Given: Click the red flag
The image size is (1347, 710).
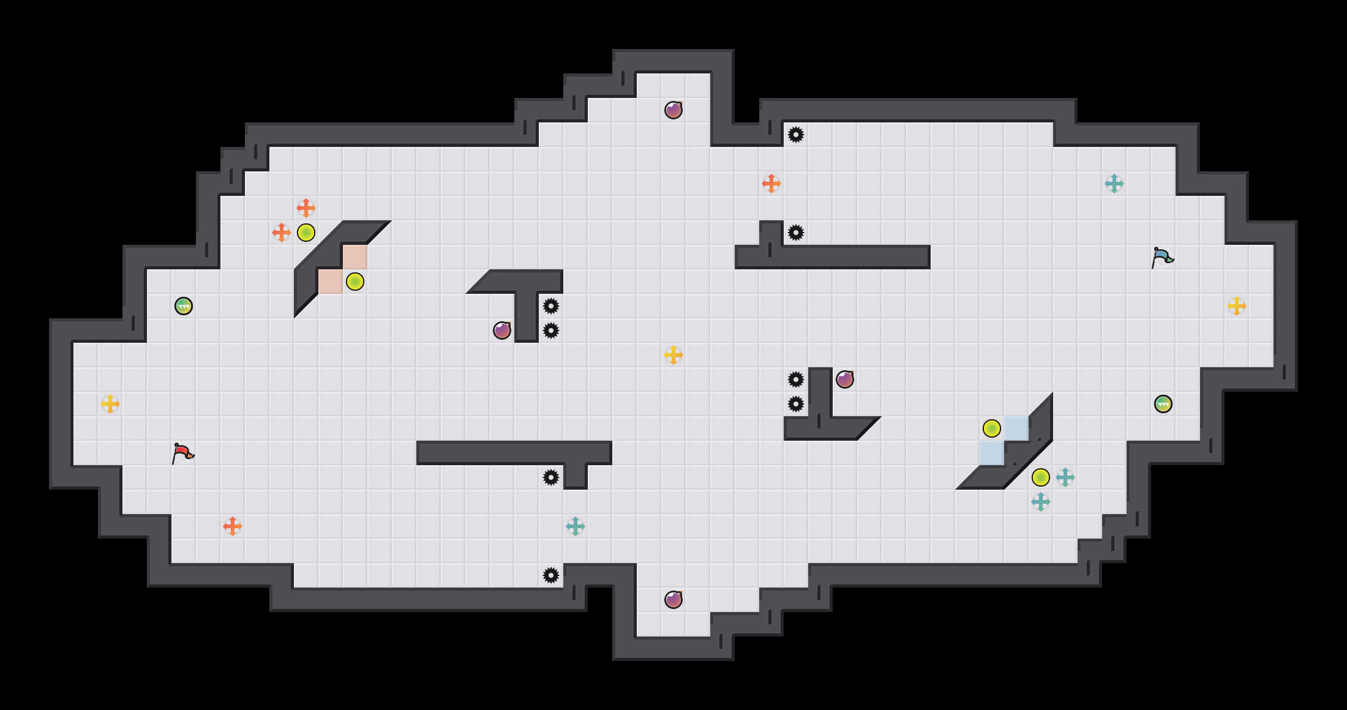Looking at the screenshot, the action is (x=182, y=453).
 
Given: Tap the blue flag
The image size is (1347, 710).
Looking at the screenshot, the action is (x=1162, y=257).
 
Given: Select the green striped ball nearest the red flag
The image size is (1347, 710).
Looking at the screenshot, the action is (x=184, y=306).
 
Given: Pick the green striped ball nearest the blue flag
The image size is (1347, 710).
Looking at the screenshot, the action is (x=1163, y=404).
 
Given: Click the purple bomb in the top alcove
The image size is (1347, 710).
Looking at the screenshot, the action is (x=673, y=110).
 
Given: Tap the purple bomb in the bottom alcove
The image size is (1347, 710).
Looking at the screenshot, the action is (x=673, y=600).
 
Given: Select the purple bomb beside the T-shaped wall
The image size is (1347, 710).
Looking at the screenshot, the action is (x=502, y=331).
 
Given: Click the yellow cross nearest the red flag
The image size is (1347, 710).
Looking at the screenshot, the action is (x=110, y=404).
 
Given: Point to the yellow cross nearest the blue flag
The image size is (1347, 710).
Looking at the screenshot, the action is (x=1237, y=306).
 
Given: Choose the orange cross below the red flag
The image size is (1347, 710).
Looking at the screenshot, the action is (x=233, y=526).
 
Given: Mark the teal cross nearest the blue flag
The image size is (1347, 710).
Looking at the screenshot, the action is (x=1114, y=184).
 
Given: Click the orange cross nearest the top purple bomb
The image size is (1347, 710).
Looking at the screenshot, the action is (x=771, y=184).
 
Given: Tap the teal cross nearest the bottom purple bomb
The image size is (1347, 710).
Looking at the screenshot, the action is (x=576, y=526).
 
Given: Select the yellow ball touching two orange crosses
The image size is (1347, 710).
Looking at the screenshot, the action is (x=306, y=233).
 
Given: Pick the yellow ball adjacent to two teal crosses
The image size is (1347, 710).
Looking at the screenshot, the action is (x=1041, y=477).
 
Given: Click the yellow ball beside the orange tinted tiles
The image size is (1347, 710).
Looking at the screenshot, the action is (x=355, y=282).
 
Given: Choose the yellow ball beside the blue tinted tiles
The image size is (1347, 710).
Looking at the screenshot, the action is (x=992, y=428).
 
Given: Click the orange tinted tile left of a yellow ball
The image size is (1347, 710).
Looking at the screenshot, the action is (x=331, y=282).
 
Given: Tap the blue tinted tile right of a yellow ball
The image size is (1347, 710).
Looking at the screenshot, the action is (x=1016, y=428).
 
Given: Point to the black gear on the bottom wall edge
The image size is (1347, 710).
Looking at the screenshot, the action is (x=551, y=575).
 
